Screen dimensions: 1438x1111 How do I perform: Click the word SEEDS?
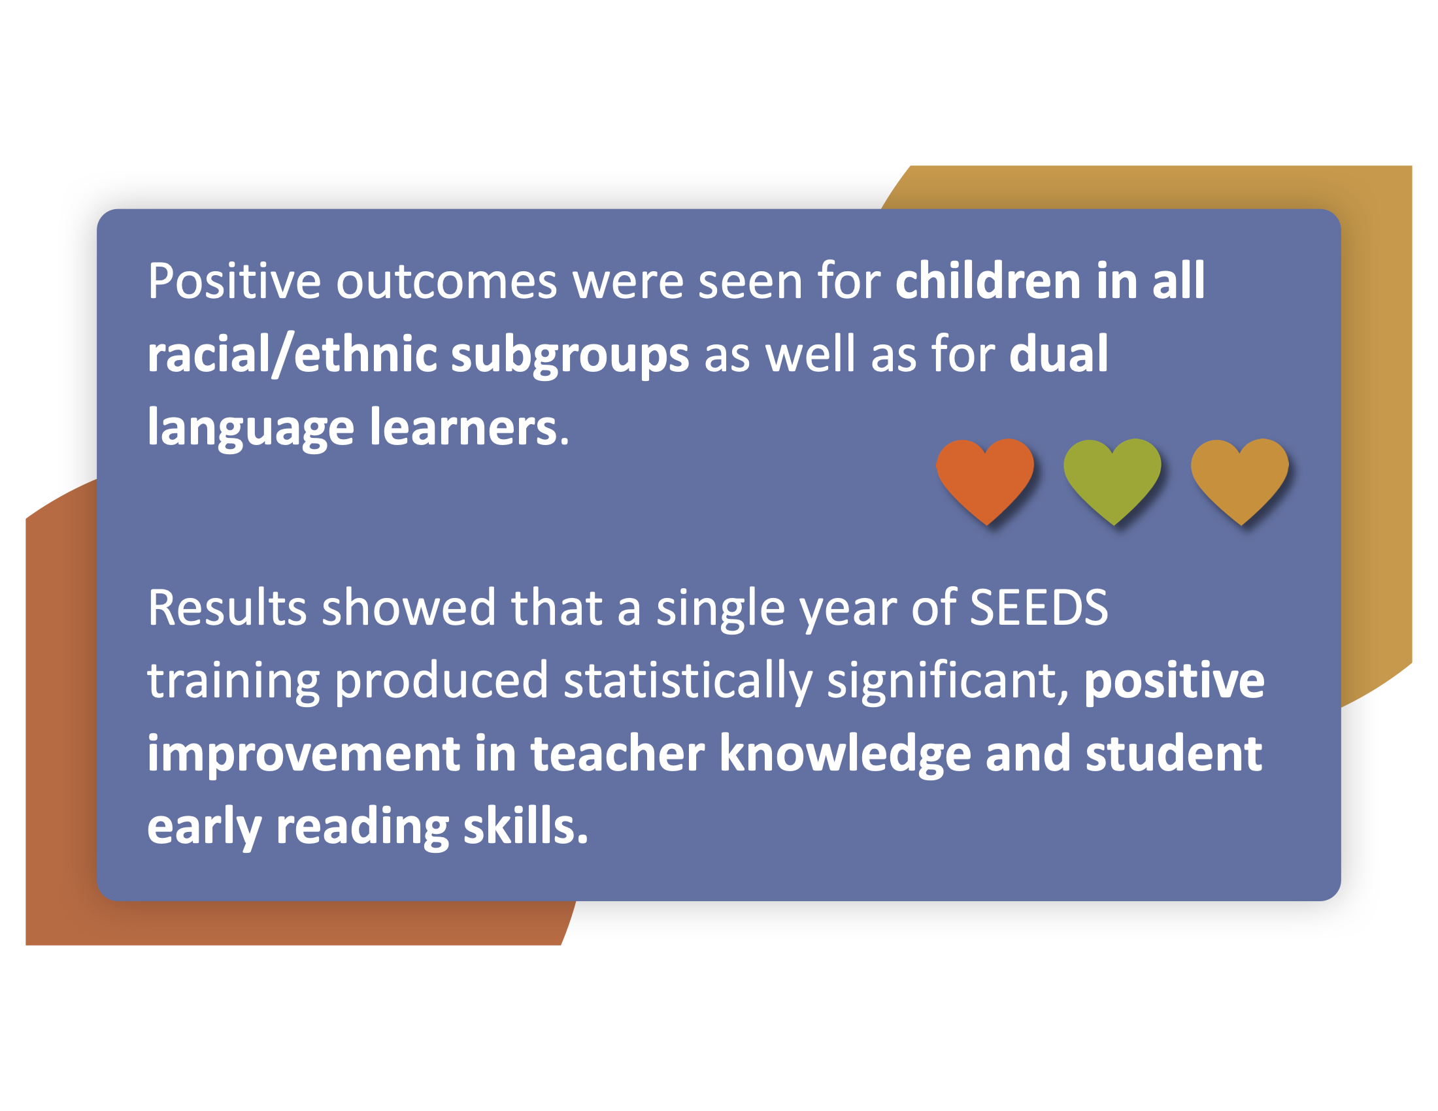(1039, 608)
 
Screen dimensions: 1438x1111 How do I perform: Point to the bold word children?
(988, 281)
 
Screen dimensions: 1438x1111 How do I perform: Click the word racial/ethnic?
(292, 354)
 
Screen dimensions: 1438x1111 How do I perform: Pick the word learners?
(464, 427)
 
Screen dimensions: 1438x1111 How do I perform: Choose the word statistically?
(688, 682)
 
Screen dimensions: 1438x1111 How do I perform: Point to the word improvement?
(303, 754)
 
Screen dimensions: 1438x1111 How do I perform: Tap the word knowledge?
(845, 754)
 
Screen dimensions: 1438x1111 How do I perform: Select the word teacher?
(618, 754)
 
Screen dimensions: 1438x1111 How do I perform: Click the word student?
(1174, 754)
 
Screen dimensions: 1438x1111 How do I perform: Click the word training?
(234, 682)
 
